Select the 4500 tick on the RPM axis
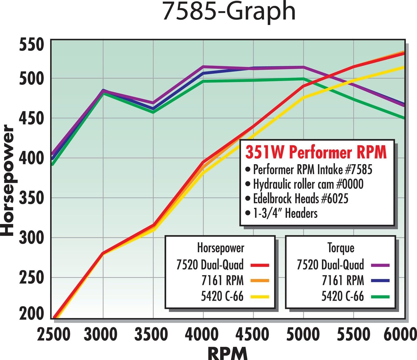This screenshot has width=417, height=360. (252, 334)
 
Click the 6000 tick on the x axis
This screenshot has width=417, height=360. (400, 334)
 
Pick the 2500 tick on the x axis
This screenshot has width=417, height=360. (54, 334)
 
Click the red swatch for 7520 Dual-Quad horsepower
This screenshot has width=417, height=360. (260, 265)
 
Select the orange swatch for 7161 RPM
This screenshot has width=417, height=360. (260, 281)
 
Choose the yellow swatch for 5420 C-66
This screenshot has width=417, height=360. (260, 297)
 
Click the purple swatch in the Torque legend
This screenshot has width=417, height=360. (380, 265)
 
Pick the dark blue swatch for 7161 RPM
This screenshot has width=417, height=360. (380, 281)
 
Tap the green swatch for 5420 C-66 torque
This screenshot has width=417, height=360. (380, 297)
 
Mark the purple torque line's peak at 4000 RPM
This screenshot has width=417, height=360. (203, 67)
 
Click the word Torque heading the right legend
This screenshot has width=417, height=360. (341, 248)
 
